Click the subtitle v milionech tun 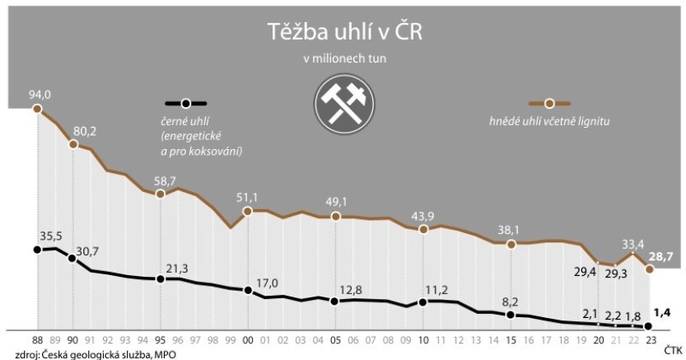[x=343, y=59]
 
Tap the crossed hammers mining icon [x=343, y=105]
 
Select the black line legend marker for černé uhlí [x=186, y=103]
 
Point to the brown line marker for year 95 [x=161, y=194]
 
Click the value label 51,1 [x=248, y=198]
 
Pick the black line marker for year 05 [x=335, y=302]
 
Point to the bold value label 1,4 [x=662, y=312]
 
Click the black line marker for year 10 [x=422, y=302]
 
